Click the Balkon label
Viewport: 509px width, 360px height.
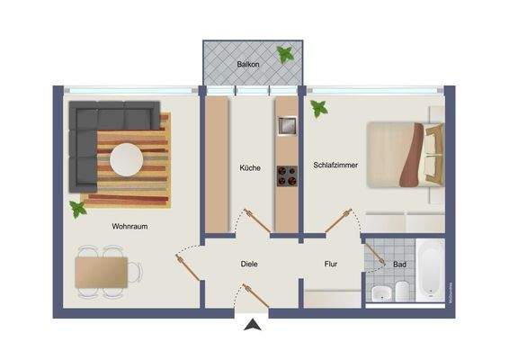pyautogui.click(x=248, y=66)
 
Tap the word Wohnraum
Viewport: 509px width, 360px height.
pyautogui.click(x=129, y=227)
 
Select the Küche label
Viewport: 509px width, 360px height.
pyautogui.click(x=250, y=167)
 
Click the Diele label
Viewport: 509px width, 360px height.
pyautogui.click(x=250, y=264)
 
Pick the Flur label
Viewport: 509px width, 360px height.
pyautogui.click(x=331, y=264)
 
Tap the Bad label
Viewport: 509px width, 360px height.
pyautogui.click(x=398, y=264)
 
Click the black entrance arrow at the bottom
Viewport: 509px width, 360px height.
pyautogui.click(x=254, y=327)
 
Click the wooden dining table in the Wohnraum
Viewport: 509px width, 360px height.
pyautogui.click(x=101, y=271)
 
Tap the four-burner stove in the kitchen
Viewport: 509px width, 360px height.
pyautogui.click(x=286, y=176)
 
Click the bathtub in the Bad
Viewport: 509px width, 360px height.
pyautogui.click(x=430, y=267)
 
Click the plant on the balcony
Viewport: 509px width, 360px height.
pyautogui.click(x=285, y=55)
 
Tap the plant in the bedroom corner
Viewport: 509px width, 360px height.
pyautogui.click(x=318, y=109)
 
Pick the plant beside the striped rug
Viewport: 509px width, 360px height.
pyautogui.click(x=79, y=209)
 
